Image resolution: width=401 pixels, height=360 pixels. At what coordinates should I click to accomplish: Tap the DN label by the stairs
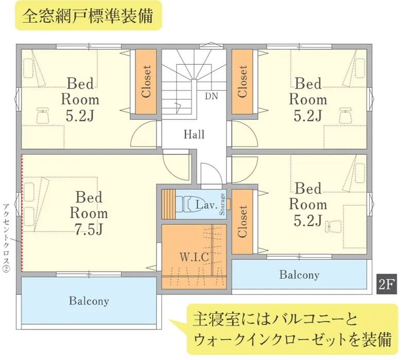[211, 96]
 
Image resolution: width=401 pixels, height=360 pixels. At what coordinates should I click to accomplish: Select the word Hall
[194, 135]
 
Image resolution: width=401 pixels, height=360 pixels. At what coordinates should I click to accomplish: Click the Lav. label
[205, 205]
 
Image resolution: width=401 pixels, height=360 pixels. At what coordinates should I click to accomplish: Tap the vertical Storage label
[222, 205]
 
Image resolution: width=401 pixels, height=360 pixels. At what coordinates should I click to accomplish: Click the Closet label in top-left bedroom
[146, 81]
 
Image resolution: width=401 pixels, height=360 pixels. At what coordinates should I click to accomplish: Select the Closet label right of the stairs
[242, 81]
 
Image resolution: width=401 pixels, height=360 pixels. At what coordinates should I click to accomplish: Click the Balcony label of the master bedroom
[89, 301]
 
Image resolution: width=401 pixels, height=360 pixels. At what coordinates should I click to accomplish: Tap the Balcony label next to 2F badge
[299, 275]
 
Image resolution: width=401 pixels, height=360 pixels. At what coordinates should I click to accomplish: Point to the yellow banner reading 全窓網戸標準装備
[88, 16]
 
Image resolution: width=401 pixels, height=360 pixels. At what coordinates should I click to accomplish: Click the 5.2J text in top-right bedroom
[308, 115]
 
